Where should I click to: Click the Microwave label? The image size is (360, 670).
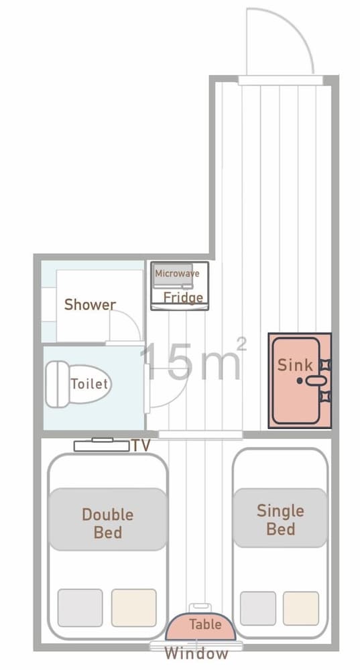pyautogui.click(x=177, y=273)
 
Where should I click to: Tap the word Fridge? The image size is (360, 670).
pyautogui.click(x=183, y=297)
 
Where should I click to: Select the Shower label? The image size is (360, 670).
pyautogui.click(x=90, y=305)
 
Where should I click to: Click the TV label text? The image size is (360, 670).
pyautogui.click(x=140, y=446)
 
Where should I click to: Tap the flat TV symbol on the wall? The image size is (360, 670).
pyautogui.click(x=101, y=445)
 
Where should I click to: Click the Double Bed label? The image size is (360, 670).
pyautogui.click(x=107, y=523)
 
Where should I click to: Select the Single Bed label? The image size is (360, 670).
pyautogui.click(x=280, y=519)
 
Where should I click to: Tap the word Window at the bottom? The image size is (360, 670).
pyautogui.click(x=196, y=653)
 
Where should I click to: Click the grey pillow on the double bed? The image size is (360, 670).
pyautogui.click(x=80, y=607)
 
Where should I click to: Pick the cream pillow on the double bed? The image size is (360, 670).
pyautogui.click(x=133, y=607)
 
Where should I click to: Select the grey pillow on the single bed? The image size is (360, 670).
pyautogui.click(x=258, y=608)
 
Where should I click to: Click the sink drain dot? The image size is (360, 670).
pyautogui.click(x=300, y=381)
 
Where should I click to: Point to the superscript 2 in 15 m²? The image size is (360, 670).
pyautogui.click(x=242, y=344)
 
